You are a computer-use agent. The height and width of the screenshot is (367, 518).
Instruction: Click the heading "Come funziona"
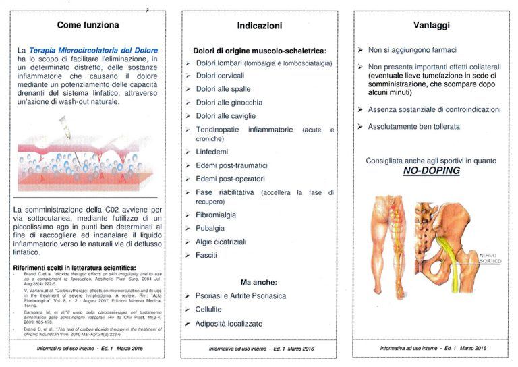pos(88,26)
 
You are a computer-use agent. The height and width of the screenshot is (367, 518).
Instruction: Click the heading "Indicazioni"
pos(260,26)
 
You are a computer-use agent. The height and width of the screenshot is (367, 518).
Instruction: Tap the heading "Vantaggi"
pos(432,26)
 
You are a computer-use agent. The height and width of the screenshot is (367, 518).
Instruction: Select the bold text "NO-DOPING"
pos(432,171)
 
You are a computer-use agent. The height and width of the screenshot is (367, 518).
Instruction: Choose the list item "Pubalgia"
pos(210,228)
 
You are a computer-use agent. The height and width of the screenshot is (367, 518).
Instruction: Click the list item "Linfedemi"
pos(213,152)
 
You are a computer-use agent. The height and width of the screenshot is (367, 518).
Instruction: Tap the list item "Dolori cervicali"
pos(220,75)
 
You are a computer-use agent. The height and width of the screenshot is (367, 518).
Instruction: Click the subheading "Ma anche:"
pos(260,281)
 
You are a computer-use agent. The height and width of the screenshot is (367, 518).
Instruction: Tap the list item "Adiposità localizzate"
pos(229,324)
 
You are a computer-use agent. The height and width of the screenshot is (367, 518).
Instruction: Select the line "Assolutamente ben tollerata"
pos(413,126)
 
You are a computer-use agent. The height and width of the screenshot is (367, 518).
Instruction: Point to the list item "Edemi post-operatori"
pos(230,179)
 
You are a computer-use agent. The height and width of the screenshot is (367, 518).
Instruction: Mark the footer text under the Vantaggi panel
pos(432,348)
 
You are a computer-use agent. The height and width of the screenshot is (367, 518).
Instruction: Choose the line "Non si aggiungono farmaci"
pos(412,50)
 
